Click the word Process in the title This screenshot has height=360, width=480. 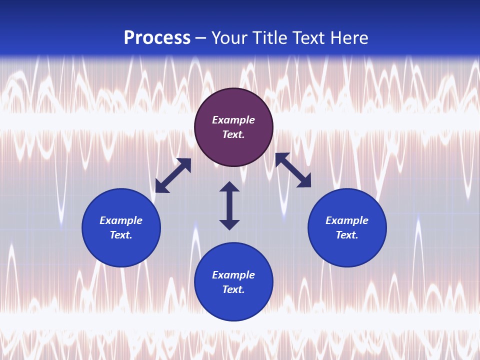click(x=157, y=38)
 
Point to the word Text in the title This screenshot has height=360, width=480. click(x=309, y=38)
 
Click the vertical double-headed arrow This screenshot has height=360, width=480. click(x=229, y=205)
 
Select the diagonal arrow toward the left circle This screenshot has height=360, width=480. click(x=173, y=175)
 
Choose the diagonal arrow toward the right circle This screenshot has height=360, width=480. click(x=293, y=170)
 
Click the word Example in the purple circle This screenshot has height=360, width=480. click(x=233, y=120)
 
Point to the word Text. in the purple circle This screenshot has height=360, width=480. click(x=233, y=134)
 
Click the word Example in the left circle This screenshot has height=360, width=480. click(x=121, y=220)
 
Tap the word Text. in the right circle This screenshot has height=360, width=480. click(x=347, y=235)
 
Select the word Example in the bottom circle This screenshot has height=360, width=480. click(x=233, y=275)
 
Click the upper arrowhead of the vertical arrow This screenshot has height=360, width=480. click(x=229, y=187)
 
